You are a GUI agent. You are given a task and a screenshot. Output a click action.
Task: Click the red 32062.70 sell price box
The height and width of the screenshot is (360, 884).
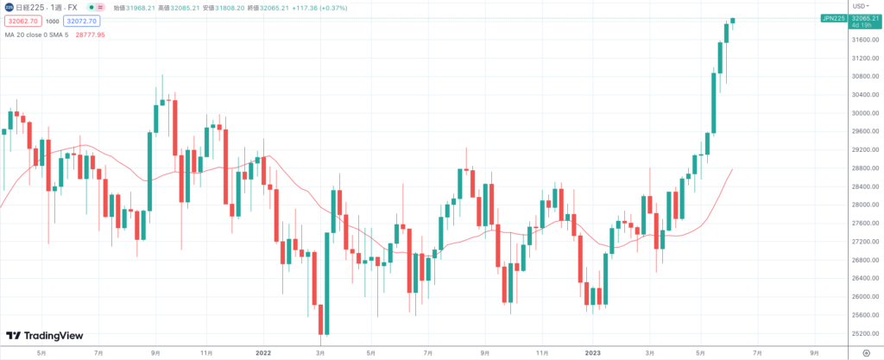[21, 21]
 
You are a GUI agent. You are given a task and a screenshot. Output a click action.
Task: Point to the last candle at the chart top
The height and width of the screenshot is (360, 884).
[732, 20]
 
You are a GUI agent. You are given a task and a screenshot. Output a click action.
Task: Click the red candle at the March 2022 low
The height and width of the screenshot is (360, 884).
[321, 319]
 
